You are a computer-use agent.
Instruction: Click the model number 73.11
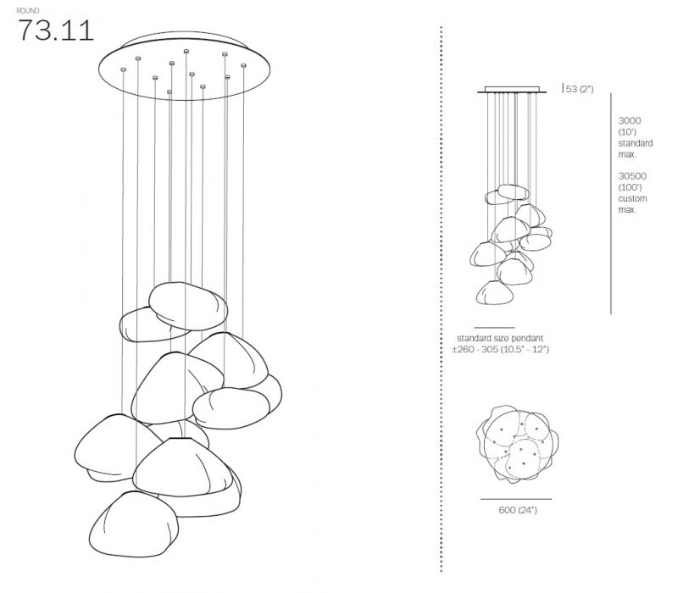tap(55, 30)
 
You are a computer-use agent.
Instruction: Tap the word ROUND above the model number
tap(28, 10)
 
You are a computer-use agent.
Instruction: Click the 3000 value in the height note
tap(630, 120)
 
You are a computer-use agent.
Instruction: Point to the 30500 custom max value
tap(632, 176)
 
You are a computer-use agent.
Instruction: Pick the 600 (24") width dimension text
tap(518, 510)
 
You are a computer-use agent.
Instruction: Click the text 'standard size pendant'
tap(500, 338)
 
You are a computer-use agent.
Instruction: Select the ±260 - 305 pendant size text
tap(500, 349)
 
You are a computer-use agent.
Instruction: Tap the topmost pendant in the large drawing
tap(188, 306)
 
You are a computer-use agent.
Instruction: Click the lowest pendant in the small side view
tap(495, 292)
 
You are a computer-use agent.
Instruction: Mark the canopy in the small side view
tap(512, 90)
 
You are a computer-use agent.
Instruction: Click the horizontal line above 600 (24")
tap(516, 499)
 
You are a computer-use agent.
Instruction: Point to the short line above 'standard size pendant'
tap(494, 328)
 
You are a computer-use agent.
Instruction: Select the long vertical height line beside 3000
tap(611, 203)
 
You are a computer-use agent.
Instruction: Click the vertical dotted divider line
tap(441, 299)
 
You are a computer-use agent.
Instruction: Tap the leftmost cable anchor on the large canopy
tap(123, 69)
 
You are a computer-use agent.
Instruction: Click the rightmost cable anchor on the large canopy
tap(243, 65)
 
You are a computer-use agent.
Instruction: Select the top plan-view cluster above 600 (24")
tap(517, 444)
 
